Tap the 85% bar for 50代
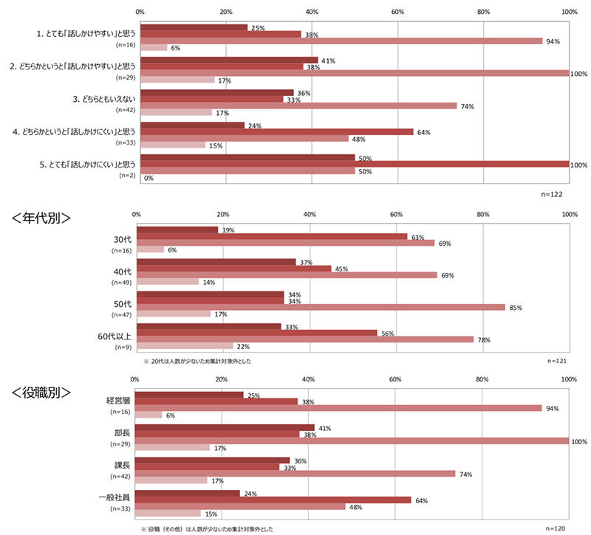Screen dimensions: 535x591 click(x=321, y=307)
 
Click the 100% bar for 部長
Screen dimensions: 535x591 click(x=352, y=441)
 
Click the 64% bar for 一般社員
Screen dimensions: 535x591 click(x=273, y=500)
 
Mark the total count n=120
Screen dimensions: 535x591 click(x=556, y=528)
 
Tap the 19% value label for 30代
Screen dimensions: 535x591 click(x=228, y=230)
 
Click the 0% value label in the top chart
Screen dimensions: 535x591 click(x=148, y=178)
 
